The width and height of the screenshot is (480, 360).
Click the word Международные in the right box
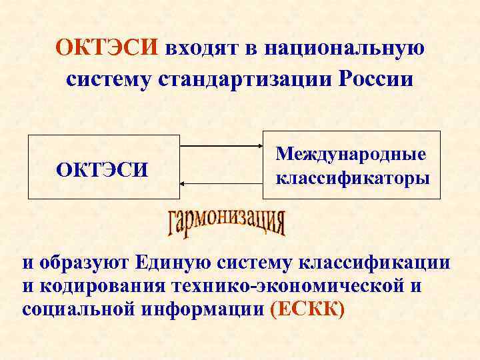click(x=351, y=155)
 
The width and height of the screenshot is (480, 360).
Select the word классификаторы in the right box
click(x=351, y=179)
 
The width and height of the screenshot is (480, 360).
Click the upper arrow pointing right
click(x=221, y=146)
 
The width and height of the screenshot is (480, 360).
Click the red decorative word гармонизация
click(x=227, y=223)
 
